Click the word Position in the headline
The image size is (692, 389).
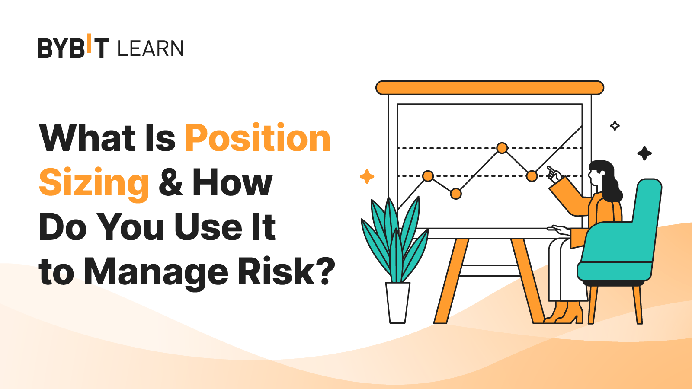pos(258,137)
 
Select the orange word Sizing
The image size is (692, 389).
pos(94,184)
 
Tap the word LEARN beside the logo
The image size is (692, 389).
pos(151,48)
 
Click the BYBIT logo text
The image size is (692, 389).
pos(73,46)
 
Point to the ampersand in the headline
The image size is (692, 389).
pos(171,182)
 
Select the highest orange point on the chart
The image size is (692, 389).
pos(502,148)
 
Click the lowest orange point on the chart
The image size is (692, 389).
pos(456,194)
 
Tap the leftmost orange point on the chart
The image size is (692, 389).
pos(428,176)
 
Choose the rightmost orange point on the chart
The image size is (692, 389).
pos(532,176)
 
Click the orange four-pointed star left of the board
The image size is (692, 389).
pos(367,177)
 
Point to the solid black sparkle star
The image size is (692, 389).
pos(644,153)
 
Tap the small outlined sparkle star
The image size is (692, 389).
pos(615,126)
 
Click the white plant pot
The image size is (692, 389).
pos(397,303)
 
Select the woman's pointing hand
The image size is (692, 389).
pos(554,175)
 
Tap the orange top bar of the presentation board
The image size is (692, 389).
pos(490,88)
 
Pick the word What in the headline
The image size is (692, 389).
pos(87,137)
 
